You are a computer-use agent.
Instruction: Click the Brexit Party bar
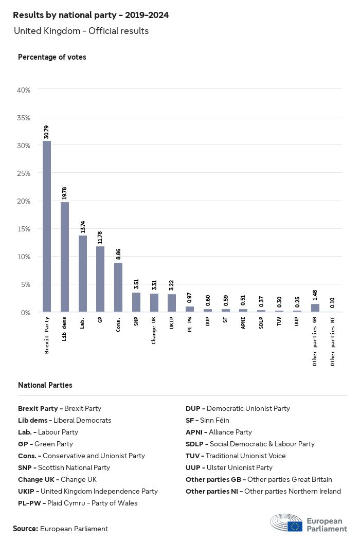pos(47,226)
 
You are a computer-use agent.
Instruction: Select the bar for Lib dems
pos(65,257)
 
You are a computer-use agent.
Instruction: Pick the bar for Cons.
pos(118,287)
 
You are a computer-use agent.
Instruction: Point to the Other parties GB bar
pos(315,308)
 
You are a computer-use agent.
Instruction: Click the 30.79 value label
pos(47,132)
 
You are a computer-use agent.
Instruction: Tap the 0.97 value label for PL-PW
pos(190,298)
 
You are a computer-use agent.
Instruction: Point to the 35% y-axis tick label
pos(24,118)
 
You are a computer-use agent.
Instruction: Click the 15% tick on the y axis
pos(24,229)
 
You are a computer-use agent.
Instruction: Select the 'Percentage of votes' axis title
pos(52,57)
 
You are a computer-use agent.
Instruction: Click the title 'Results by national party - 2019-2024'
pos(91,15)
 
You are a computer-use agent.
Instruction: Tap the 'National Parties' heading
pos(45,385)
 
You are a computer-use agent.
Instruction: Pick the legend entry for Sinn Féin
pos(207,420)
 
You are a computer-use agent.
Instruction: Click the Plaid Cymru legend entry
pos(78,503)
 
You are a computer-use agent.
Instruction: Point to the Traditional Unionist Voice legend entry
pos(236,456)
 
